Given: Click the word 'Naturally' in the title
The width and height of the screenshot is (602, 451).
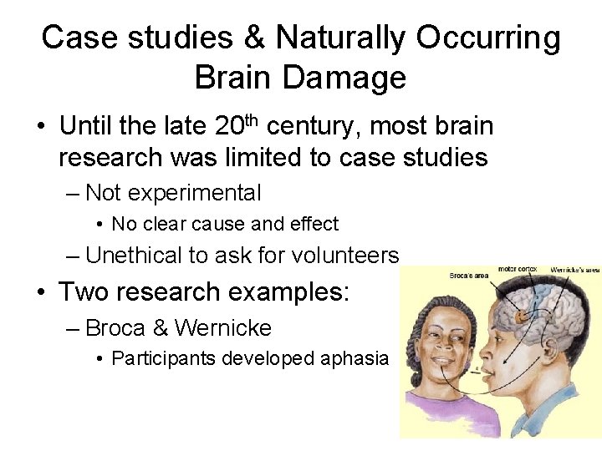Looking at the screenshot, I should tap(342, 38).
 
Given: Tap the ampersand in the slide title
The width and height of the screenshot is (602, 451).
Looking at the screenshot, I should tap(257, 38).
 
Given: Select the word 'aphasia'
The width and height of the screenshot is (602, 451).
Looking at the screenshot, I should tap(356, 358).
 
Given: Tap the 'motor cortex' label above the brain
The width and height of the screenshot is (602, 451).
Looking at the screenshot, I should tap(518, 269).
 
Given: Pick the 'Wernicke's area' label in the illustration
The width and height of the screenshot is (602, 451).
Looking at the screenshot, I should tap(575, 271).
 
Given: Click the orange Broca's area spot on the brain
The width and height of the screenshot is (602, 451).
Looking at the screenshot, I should tap(523, 317).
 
